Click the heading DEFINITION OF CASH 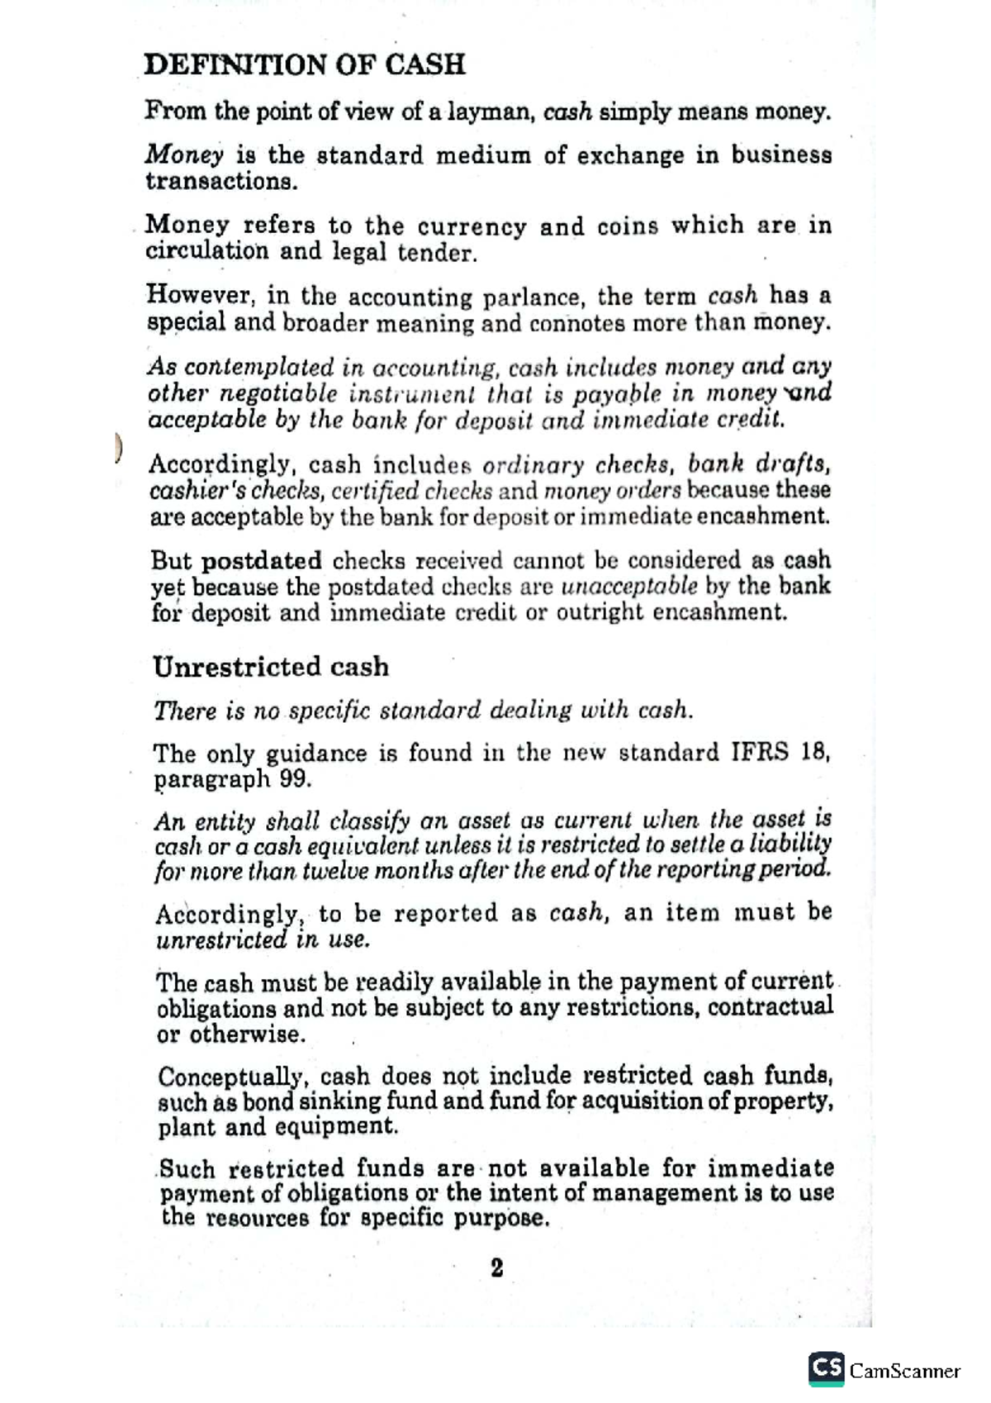pos(305,64)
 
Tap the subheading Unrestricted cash pos(270,667)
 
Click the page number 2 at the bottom pos(496,1267)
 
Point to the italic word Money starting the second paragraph pos(183,155)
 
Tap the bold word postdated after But pos(262,561)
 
